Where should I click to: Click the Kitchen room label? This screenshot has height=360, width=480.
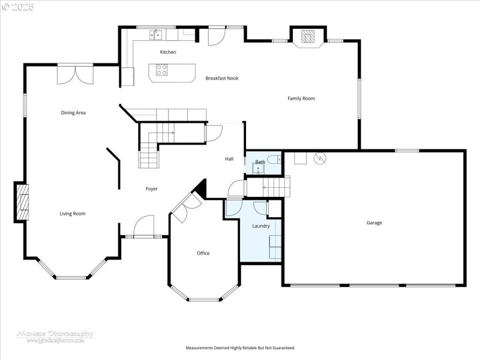[168, 52]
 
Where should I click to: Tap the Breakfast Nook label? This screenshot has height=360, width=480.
[222, 78]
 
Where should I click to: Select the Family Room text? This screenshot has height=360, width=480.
[301, 98]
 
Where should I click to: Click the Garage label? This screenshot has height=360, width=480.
[374, 223]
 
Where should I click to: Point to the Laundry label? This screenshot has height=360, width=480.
[261, 226]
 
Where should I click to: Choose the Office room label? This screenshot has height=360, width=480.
[203, 253]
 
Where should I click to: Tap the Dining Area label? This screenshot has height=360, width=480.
[73, 113]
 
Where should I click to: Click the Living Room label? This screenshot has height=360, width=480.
[72, 214]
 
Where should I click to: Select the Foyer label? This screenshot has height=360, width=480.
[152, 189]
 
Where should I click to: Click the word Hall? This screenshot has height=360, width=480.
[229, 159]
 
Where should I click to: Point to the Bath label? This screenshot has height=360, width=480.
[260, 162]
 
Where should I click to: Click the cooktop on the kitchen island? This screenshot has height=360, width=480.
[162, 72]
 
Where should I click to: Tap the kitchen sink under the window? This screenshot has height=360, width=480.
[156, 35]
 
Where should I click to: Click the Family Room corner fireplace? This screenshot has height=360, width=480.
[307, 36]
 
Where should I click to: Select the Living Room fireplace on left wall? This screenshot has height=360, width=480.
[22, 202]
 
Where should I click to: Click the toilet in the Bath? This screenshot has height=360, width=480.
[274, 159]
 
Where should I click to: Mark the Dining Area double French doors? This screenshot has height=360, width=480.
[76, 74]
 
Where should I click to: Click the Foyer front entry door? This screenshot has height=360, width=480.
[143, 228]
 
